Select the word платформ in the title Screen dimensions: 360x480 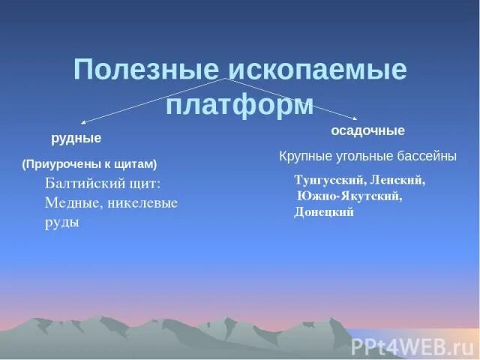pyautogui.click(x=239, y=105)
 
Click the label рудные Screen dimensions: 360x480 pyautogui.click(x=76, y=139)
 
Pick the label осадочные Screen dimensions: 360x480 pyautogui.click(x=367, y=130)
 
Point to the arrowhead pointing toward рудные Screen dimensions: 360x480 pyautogui.click(x=82, y=122)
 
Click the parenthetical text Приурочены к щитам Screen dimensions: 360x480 pyautogui.click(x=89, y=163)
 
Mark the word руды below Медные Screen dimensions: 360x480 pyautogui.click(x=62, y=222)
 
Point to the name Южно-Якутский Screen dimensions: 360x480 pyautogui.click(x=349, y=196)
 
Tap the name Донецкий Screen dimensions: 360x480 pyautogui.click(x=324, y=211)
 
